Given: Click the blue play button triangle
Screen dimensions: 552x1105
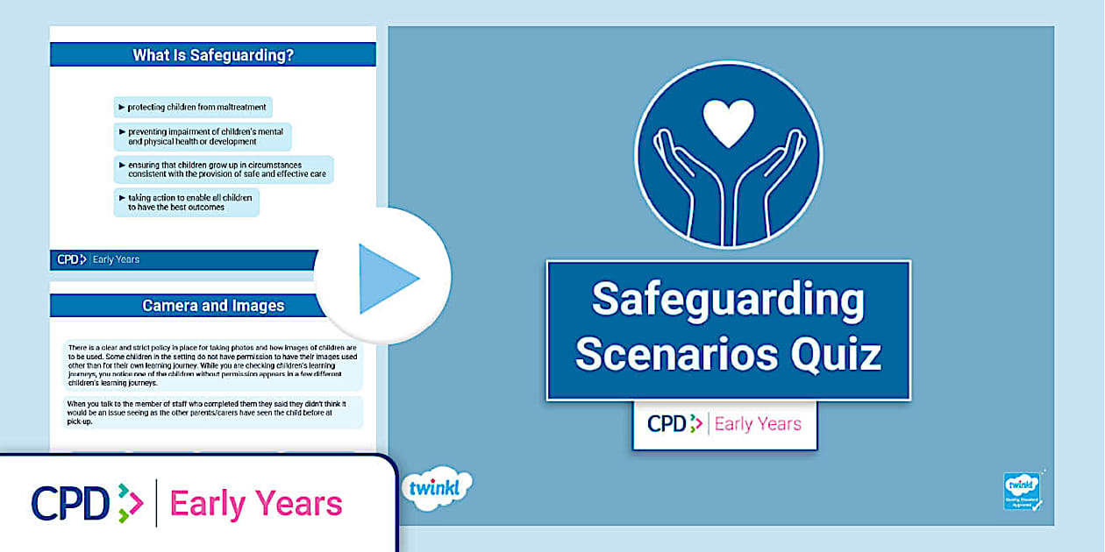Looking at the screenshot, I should point(387,279).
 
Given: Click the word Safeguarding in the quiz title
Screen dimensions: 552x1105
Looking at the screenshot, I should point(728,300).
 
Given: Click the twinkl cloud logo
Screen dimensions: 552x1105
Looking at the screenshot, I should point(437,489).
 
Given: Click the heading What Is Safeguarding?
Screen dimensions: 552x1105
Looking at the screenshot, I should point(213,55).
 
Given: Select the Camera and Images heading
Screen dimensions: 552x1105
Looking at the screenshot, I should point(213,306).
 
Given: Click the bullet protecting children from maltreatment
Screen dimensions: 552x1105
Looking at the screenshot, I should point(193,108).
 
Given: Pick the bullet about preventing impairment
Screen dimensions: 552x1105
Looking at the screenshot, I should point(203,137).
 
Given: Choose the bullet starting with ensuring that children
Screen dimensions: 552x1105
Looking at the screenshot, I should point(224,169).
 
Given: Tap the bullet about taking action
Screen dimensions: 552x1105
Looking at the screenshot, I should point(187,202).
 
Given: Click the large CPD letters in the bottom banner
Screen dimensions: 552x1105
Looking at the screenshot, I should point(70,503).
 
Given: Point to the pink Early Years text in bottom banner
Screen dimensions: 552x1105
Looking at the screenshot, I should point(256,504).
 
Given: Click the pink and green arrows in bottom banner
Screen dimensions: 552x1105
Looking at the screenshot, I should point(130,503).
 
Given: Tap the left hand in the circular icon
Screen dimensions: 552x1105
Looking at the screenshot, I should point(688,184).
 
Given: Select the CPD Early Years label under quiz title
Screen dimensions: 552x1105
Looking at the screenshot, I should point(724,424).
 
